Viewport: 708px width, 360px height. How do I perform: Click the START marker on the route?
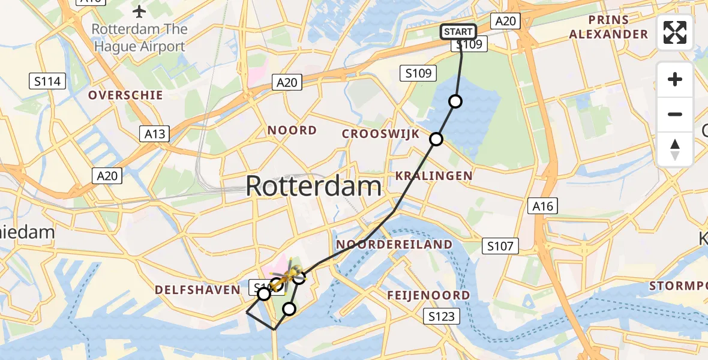[x=459, y=32]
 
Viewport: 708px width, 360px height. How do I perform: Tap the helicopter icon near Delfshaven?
[x=289, y=274]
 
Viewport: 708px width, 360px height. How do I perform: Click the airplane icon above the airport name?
[x=140, y=11]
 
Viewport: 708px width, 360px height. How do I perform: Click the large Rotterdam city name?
[x=313, y=187]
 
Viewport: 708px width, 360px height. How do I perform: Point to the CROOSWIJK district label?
[x=380, y=134]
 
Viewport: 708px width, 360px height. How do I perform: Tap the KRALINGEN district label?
[x=434, y=176]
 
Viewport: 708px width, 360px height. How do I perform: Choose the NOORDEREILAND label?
[x=394, y=244]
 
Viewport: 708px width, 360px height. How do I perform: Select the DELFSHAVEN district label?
[x=197, y=290]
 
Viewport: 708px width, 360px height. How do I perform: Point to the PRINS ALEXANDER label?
[x=608, y=27]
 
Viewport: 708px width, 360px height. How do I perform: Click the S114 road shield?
[x=47, y=81]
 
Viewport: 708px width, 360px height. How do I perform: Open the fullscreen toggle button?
[x=675, y=32]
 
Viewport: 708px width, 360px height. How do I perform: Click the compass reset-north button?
[x=675, y=149]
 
